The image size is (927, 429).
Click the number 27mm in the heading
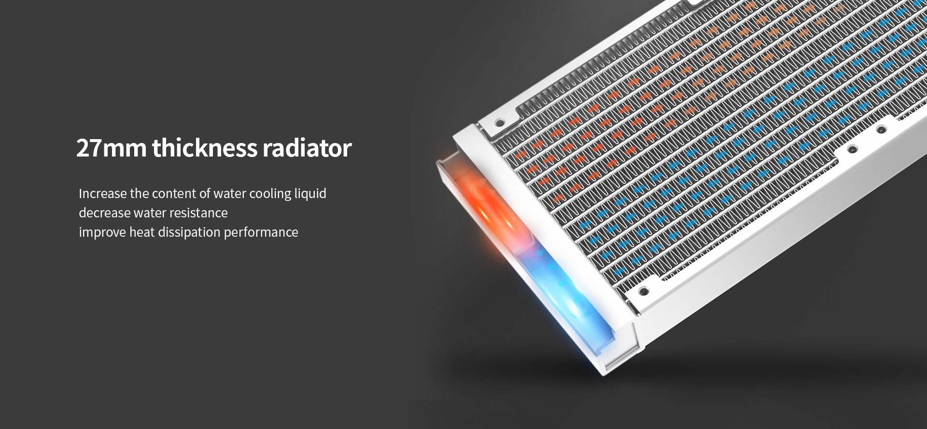111,148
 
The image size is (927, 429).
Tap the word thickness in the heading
204,147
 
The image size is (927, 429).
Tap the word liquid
310,194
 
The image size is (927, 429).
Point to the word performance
261,232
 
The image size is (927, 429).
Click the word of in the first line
205,193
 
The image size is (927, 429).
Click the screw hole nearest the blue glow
643,291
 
